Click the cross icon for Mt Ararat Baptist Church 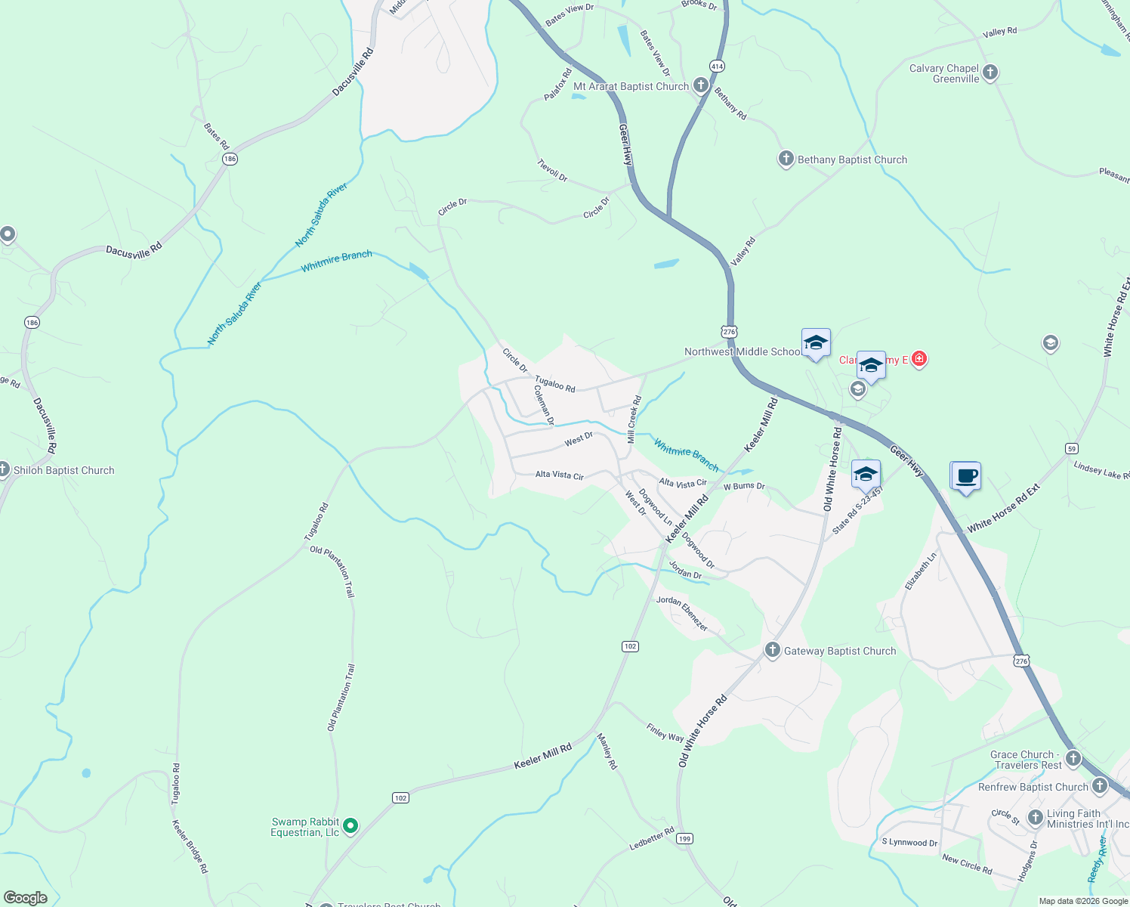(x=701, y=85)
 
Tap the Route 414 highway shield (x=717, y=67)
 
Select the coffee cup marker (x=966, y=477)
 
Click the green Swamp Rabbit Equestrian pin (x=350, y=826)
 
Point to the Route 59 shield (x=1071, y=448)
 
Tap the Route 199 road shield (x=684, y=838)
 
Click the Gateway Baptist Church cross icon (x=772, y=650)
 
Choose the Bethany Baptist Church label (x=852, y=159)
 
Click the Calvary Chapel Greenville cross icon (x=990, y=73)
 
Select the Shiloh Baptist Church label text (x=64, y=470)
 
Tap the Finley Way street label (x=665, y=732)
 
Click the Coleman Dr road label (x=545, y=404)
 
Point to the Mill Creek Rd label (x=634, y=419)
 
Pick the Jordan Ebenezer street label (x=682, y=613)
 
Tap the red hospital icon (x=919, y=358)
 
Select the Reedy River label (x=1097, y=859)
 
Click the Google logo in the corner (x=26, y=897)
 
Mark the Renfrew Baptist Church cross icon (x=1100, y=786)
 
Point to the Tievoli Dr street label (x=552, y=170)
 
